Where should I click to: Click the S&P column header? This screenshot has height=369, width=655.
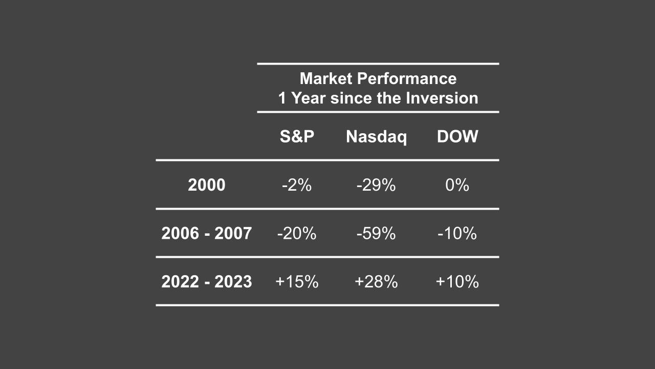coord(297,137)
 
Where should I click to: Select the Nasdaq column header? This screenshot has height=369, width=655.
coord(376,137)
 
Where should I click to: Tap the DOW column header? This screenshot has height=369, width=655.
coord(457,137)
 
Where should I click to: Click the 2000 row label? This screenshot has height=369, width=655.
coord(206,185)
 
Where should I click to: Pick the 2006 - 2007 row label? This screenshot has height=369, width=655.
coord(206,234)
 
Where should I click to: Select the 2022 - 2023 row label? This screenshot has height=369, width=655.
coord(206,282)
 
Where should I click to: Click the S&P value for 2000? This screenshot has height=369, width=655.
coord(297,185)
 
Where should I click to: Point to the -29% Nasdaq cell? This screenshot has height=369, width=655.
coord(376,185)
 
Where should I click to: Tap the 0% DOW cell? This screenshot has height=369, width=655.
coord(457,185)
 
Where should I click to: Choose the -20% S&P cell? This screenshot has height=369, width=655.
coord(297,234)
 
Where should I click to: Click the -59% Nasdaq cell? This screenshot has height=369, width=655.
coord(376,234)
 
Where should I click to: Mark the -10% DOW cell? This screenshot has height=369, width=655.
coord(457,234)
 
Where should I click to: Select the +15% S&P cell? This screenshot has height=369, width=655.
coord(297,282)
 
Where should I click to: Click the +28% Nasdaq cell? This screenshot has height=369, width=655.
coord(376,282)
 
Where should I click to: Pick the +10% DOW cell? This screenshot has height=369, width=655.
coord(457,282)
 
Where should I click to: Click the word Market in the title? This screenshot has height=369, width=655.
coord(326,79)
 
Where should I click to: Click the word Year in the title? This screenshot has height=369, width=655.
coord(309,98)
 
